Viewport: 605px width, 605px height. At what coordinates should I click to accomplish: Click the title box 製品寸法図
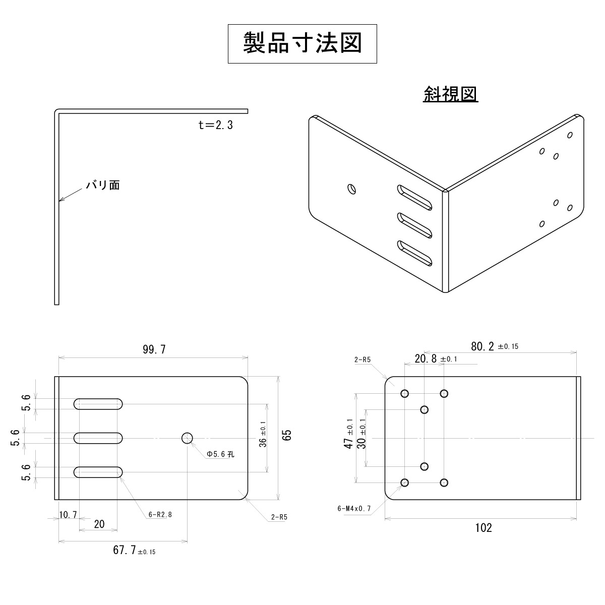point(302,43)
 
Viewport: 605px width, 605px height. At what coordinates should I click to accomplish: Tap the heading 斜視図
point(450,94)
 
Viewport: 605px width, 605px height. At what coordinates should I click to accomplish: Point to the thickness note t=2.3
point(216,125)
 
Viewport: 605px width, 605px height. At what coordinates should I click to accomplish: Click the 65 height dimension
point(287,435)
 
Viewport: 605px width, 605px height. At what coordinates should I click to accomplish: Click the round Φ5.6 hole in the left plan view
point(187,438)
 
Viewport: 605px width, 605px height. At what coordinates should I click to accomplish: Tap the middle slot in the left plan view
point(99,438)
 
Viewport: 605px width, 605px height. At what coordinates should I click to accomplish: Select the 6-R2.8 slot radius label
point(160,515)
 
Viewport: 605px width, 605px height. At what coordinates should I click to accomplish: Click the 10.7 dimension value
point(68,515)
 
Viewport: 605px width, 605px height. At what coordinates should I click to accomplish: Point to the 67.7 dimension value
point(125,550)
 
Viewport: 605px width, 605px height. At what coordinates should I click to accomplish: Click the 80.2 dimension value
point(482,346)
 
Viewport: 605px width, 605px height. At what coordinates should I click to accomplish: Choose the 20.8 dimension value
point(426,358)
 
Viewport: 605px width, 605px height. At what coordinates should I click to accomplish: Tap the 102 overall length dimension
point(483,528)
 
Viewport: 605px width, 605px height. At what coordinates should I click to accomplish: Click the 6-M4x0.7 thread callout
point(354,508)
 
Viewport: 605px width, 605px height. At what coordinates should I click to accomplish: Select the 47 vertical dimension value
point(348,443)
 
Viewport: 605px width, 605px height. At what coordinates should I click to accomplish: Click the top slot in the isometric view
point(414,197)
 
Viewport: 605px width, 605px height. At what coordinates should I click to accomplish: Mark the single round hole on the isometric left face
point(352,189)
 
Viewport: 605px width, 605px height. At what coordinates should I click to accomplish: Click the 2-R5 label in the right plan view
point(363,359)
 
